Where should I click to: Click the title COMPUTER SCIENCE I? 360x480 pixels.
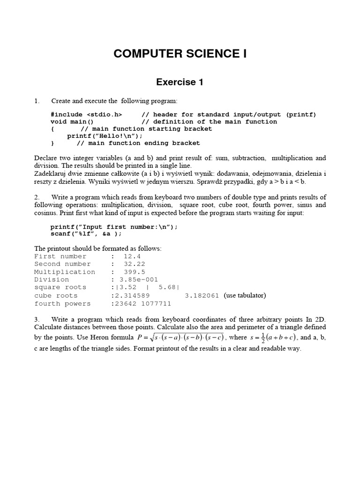click(x=180, y=54)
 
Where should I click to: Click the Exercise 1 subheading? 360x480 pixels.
click(x=180, y=82)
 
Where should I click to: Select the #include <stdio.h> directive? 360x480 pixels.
click(x=86, y=114)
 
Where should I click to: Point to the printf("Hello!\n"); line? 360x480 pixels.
click(x=105, y=136)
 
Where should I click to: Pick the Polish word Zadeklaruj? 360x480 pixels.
click(x=51, y=173)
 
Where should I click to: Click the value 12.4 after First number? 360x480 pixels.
click(x=132, y=256)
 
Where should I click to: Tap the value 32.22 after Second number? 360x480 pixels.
click(x=134, y=264)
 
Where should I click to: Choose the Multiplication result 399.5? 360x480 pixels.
click(x=134, y=272)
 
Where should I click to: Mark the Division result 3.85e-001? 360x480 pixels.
click(x=139, y=280)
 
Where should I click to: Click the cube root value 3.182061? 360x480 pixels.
click(x=202, y=296)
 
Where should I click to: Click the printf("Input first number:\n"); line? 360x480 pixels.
click(x=114, y=227)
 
